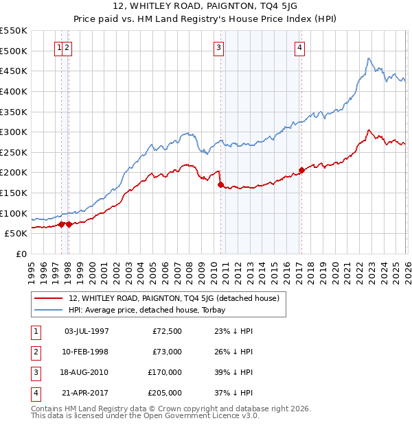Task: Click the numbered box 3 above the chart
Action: tap(218, 47)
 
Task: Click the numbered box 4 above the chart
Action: tap(301, 47)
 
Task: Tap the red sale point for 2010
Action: tap(220, 184)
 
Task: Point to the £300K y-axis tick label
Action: tap(14, 132)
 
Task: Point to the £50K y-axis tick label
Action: tap(16, 233)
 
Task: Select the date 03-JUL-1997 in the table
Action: tap(86, 332)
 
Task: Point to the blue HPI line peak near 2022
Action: tap(369, 58)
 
